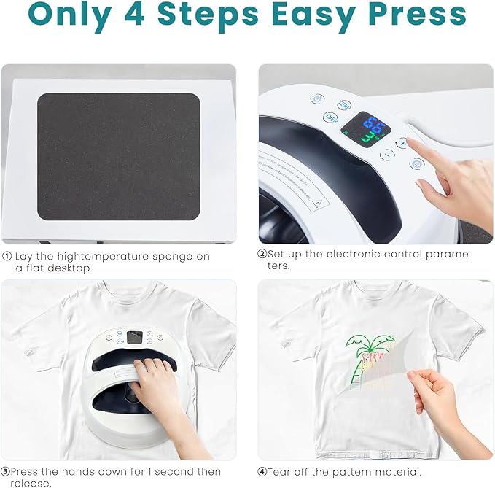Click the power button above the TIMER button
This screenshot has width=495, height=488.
(316, 99)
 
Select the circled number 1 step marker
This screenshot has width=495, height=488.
(7, 256)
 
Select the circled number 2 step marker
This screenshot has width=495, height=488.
(262, 255)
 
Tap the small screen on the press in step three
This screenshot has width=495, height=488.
(134, 338)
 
